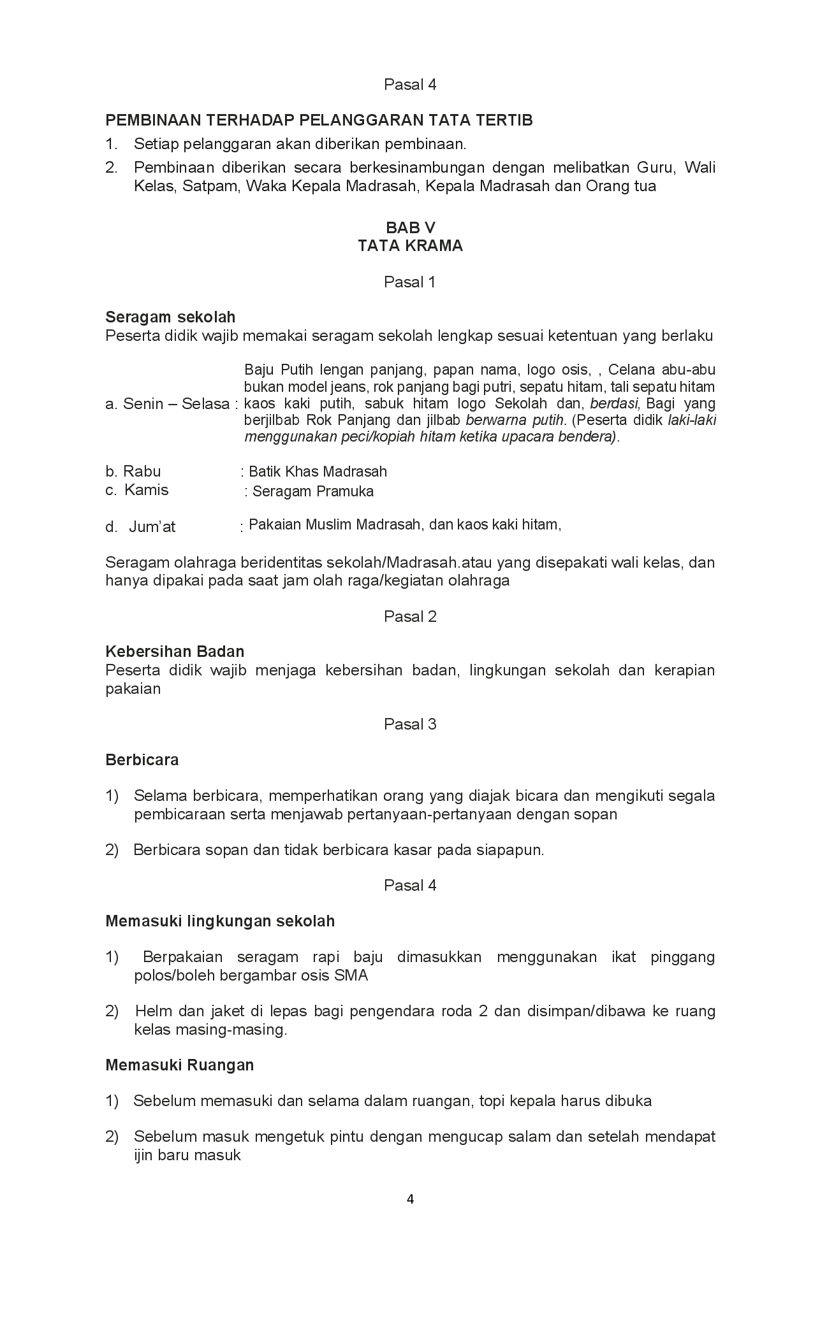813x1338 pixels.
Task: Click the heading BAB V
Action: point(410,227)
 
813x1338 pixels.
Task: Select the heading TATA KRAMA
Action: point(410,246)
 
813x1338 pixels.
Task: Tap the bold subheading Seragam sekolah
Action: point(170,317)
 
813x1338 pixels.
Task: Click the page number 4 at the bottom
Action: point(410,1199)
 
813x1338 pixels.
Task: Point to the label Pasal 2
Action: point(410,616)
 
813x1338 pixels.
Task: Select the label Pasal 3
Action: point(410,724)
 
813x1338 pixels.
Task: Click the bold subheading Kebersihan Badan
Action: point(175,651)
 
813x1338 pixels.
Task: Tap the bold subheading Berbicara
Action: point(142,759)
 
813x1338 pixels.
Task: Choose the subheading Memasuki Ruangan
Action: point(180,1065)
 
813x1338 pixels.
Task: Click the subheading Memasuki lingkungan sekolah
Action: point(220,921)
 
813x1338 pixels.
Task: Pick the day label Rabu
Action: point(142,471)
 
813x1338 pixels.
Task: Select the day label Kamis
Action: point(146,490)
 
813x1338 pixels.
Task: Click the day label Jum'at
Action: point(152,527)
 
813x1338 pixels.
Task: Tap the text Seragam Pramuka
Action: point(312,491)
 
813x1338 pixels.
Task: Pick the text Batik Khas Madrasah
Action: point(318,471)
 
